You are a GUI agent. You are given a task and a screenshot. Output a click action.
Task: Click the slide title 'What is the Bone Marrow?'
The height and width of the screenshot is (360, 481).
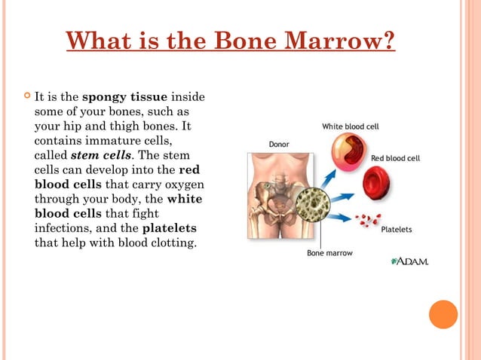[231, 40]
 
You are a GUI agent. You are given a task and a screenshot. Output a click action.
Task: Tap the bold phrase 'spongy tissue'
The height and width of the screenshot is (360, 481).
[124, 97]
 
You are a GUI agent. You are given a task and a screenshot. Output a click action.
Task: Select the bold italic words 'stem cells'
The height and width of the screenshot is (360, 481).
[101, 156]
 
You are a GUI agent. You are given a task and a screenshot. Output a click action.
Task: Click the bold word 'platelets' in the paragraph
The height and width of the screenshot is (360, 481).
[170, 229]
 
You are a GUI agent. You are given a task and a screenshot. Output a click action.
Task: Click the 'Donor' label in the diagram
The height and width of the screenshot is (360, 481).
[279, 143]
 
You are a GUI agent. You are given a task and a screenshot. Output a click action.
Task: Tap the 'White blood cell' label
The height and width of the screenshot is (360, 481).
[350, 127]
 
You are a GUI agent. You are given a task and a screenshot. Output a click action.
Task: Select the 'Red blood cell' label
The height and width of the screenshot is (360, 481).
[395, 159]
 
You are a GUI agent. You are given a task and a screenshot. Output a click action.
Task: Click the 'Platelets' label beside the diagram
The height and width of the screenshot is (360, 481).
[396, 229]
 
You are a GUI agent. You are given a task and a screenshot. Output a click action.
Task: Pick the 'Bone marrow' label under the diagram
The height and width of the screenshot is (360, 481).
[330, 253]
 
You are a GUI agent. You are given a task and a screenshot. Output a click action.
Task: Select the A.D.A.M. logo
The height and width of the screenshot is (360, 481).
[409, 261]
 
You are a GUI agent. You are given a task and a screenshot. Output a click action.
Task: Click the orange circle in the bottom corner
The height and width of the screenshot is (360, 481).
[443, 314]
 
